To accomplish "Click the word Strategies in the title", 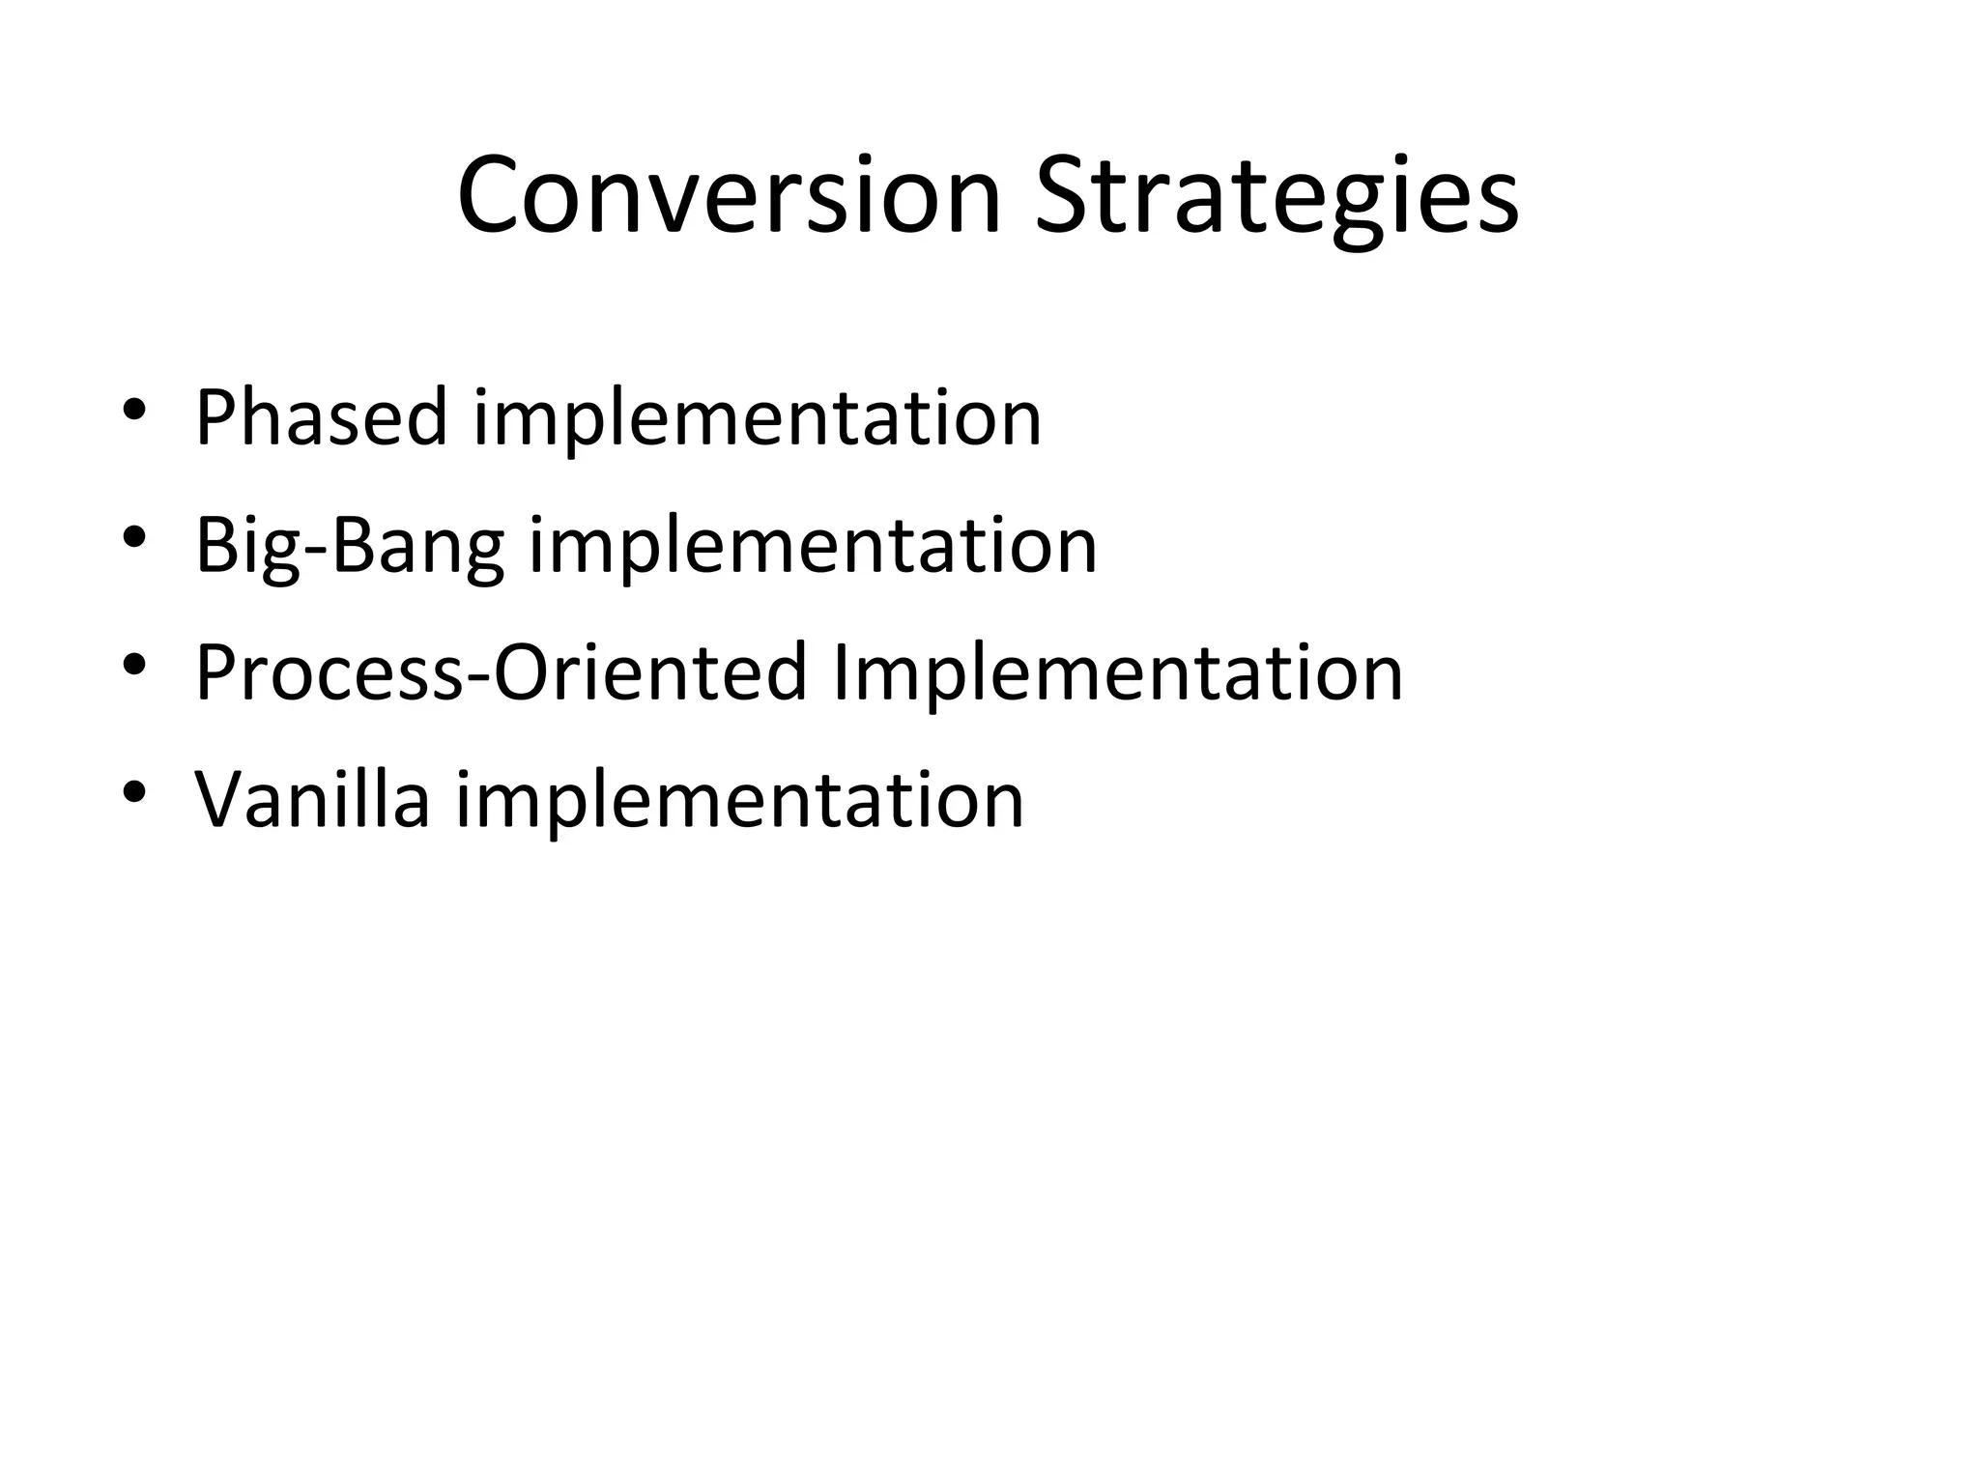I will point(1276,197).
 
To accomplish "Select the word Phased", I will point(322,417).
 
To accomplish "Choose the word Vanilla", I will point(312,800).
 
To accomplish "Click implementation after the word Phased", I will point(757,417).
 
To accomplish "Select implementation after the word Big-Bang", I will point(813,546).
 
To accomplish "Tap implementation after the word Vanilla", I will point(739,800).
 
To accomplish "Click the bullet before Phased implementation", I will point(134,410).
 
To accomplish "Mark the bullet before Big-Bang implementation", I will point(134,537).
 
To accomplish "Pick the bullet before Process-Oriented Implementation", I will point(134,665).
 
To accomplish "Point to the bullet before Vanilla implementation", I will point(134,792).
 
